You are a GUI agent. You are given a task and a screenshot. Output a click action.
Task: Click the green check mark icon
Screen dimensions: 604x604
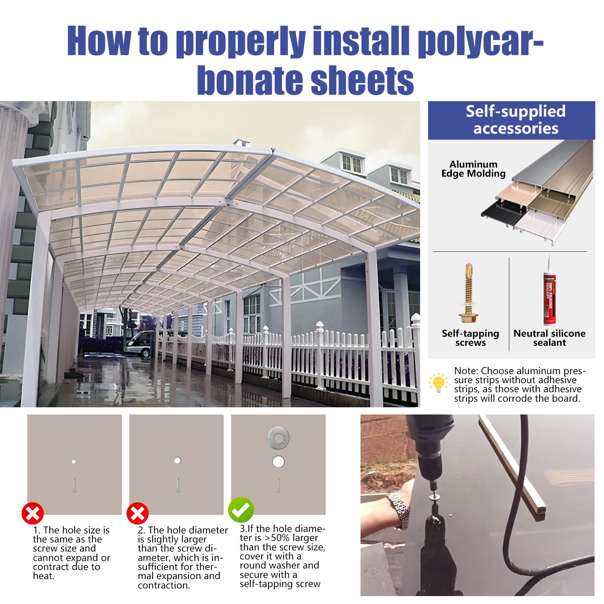pyautogui.click(x=241, y=510)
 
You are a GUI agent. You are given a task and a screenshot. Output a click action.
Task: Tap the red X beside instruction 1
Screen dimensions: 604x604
pyautogui.click(x=33, y=513)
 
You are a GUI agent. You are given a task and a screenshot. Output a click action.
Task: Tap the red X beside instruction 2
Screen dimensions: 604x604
pyautogui.click(x=137, y=513)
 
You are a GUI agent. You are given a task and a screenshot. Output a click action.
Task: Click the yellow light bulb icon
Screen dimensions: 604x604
pyautogui.click(x=438, y=383)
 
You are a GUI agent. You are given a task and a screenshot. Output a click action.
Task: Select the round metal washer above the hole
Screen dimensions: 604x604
pyautogui.click(x=279, y=438)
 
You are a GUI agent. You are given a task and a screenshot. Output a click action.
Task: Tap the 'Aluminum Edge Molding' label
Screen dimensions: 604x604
pyautogui.click(x=473, y=169)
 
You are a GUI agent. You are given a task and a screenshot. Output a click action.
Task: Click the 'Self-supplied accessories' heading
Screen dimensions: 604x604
pyautogui.click(x=515, y=120)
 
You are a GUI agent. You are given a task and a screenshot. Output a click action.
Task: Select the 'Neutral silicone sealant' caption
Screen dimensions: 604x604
pyautogui.click(x=549, y=338)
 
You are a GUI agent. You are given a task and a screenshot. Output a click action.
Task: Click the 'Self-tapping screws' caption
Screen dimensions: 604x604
pyautogui.click(x=470, y=338)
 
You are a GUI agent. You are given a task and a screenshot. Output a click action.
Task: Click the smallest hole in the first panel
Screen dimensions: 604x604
pyautogui.click(x=74, y=461)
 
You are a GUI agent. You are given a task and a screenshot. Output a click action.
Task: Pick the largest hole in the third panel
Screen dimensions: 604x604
pyautogui.click(x=278, y=462)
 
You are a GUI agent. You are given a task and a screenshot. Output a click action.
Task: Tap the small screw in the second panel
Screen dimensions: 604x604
pyautogui.click(x=177, y=485)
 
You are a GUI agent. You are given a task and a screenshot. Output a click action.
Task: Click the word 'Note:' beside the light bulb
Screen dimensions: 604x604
pyautogui.click(x=466, y=371)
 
